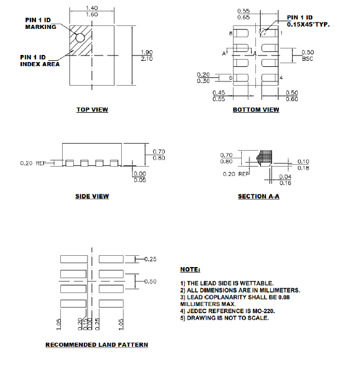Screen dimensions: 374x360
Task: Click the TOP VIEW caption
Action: click(92, 109)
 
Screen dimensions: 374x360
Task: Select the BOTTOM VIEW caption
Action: click(256, 109)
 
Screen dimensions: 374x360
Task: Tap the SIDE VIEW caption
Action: click(92, 196)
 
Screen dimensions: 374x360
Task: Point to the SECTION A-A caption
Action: click(258, 196)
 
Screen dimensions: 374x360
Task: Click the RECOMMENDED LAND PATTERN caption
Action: click(97, 344)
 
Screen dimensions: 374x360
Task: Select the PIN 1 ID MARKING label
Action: click(41, 23)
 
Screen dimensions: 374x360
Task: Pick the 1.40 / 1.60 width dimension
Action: click(92, 11)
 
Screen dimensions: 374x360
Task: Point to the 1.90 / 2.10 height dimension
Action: click(147, 56)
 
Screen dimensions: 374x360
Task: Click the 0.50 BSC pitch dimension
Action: click(307, 56)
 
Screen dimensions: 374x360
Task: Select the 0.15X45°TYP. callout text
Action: click(308, 24)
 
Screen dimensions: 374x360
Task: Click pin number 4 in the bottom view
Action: click(281, 78)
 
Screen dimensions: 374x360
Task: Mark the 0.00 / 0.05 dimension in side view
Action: click(140, 177)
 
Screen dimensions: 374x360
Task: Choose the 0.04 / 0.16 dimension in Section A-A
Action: click(285, 180)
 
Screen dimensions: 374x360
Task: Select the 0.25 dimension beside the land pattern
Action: click(150, 259)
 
